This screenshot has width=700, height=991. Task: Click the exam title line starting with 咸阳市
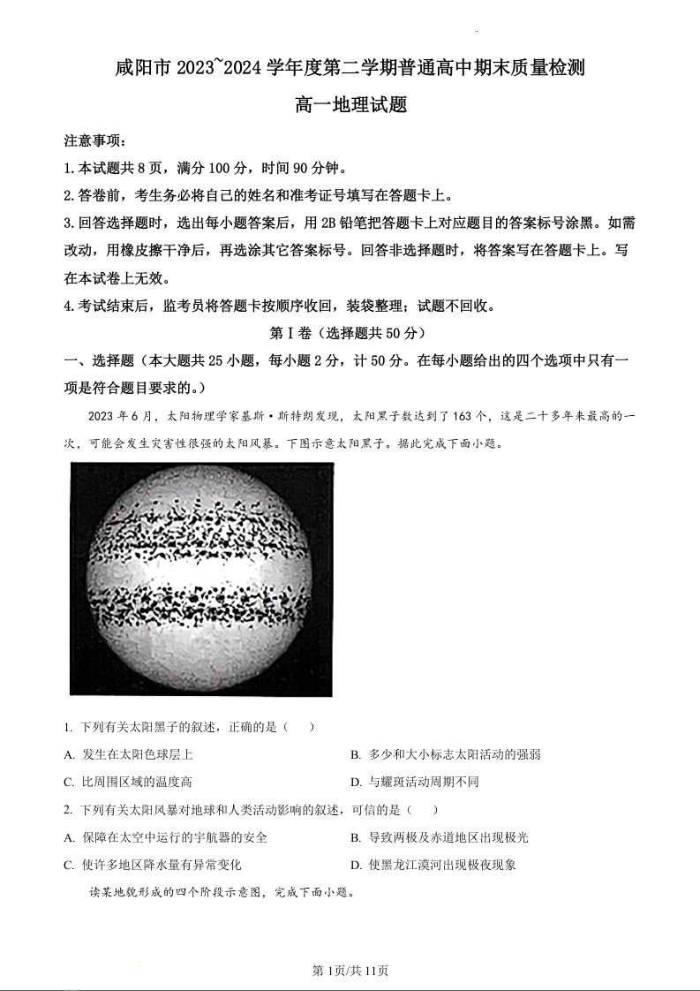[x=350, y=67]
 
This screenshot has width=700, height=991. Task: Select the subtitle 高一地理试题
[x=350, y=104]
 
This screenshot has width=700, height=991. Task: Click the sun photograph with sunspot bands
[x=201, y=579]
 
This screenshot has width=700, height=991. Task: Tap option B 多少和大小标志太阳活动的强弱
[x=446, y=754]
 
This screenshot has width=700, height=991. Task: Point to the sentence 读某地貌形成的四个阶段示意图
[x=221, y=891]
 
